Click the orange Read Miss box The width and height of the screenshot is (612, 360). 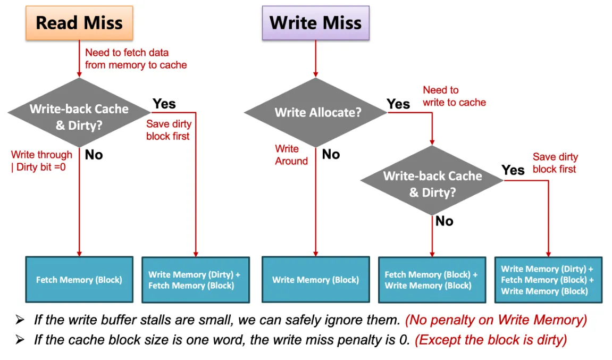79,23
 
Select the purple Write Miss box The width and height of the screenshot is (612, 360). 315,23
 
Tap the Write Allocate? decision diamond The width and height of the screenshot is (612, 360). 315,112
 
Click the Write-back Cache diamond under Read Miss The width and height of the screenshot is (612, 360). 79,112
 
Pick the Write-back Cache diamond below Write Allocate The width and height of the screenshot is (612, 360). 432,180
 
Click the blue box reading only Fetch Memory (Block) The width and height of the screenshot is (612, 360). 79,280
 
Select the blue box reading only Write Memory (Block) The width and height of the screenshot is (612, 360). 315,280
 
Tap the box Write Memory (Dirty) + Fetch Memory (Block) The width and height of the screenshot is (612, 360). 196,280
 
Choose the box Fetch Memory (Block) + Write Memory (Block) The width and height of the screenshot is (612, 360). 432,280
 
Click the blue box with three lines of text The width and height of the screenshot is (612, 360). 548,280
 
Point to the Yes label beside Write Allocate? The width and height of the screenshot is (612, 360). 398,104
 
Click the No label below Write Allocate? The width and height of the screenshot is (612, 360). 331,154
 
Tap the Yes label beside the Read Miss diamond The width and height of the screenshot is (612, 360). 164,104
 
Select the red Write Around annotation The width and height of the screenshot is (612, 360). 291,155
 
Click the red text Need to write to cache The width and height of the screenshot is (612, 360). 454,96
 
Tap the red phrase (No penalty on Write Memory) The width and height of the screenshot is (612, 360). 496,320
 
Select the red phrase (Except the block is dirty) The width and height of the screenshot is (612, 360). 491,340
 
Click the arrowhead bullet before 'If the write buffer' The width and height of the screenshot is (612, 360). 20,320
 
